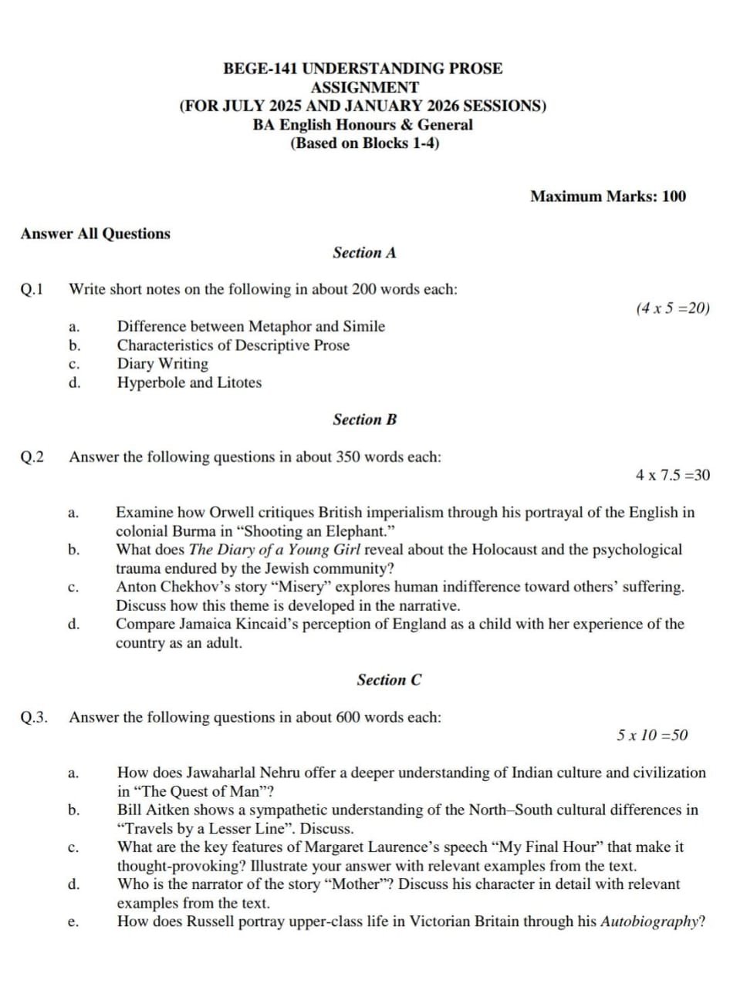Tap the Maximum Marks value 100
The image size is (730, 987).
tap(674, 197)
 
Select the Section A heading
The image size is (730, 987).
tap(364, 253)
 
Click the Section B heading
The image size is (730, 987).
tap(364, 420)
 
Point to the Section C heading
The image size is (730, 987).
tap(389, 680)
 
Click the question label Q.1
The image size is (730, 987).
tap(32, 290)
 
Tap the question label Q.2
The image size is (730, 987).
tap(32, 457)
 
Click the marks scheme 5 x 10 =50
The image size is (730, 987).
tap(652, 736)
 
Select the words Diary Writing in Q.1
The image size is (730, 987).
tap(162, 364)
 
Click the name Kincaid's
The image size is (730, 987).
tap(269, 624)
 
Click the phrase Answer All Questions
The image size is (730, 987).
tap(96, 234)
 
